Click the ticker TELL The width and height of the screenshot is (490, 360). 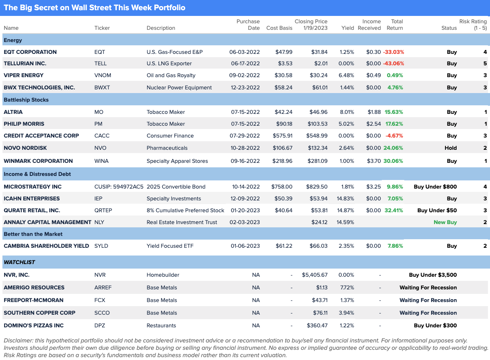coord(100,64)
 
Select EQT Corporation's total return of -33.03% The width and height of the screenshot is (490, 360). coord(393,52)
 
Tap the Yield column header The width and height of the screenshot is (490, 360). coord(347,28)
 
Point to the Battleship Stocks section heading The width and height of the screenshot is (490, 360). coord(26,100)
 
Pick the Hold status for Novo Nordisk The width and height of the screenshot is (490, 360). coord(450,148)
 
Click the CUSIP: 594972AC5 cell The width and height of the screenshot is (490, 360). coord(119,187)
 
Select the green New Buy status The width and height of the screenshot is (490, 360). coord(445,222)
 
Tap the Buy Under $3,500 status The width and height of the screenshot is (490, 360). coord(433,275)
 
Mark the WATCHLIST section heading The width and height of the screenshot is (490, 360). coord(20,262)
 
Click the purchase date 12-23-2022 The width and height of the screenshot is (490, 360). coord(245,87)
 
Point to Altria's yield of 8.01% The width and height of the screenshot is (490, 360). coord(347,112)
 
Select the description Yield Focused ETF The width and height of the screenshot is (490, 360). coord(170,246)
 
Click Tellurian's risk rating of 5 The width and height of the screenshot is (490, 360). coord(485,64)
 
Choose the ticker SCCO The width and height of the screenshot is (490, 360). coord(102,313)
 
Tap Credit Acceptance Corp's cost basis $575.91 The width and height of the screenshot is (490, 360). coord(283,136)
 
